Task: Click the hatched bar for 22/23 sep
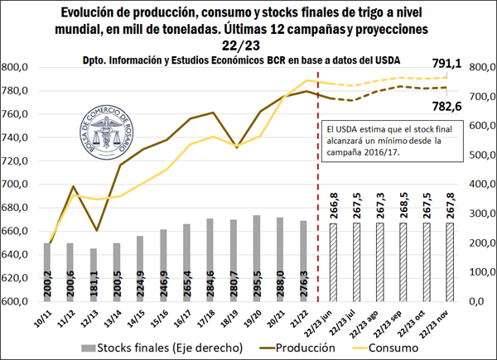click(403, 261)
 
